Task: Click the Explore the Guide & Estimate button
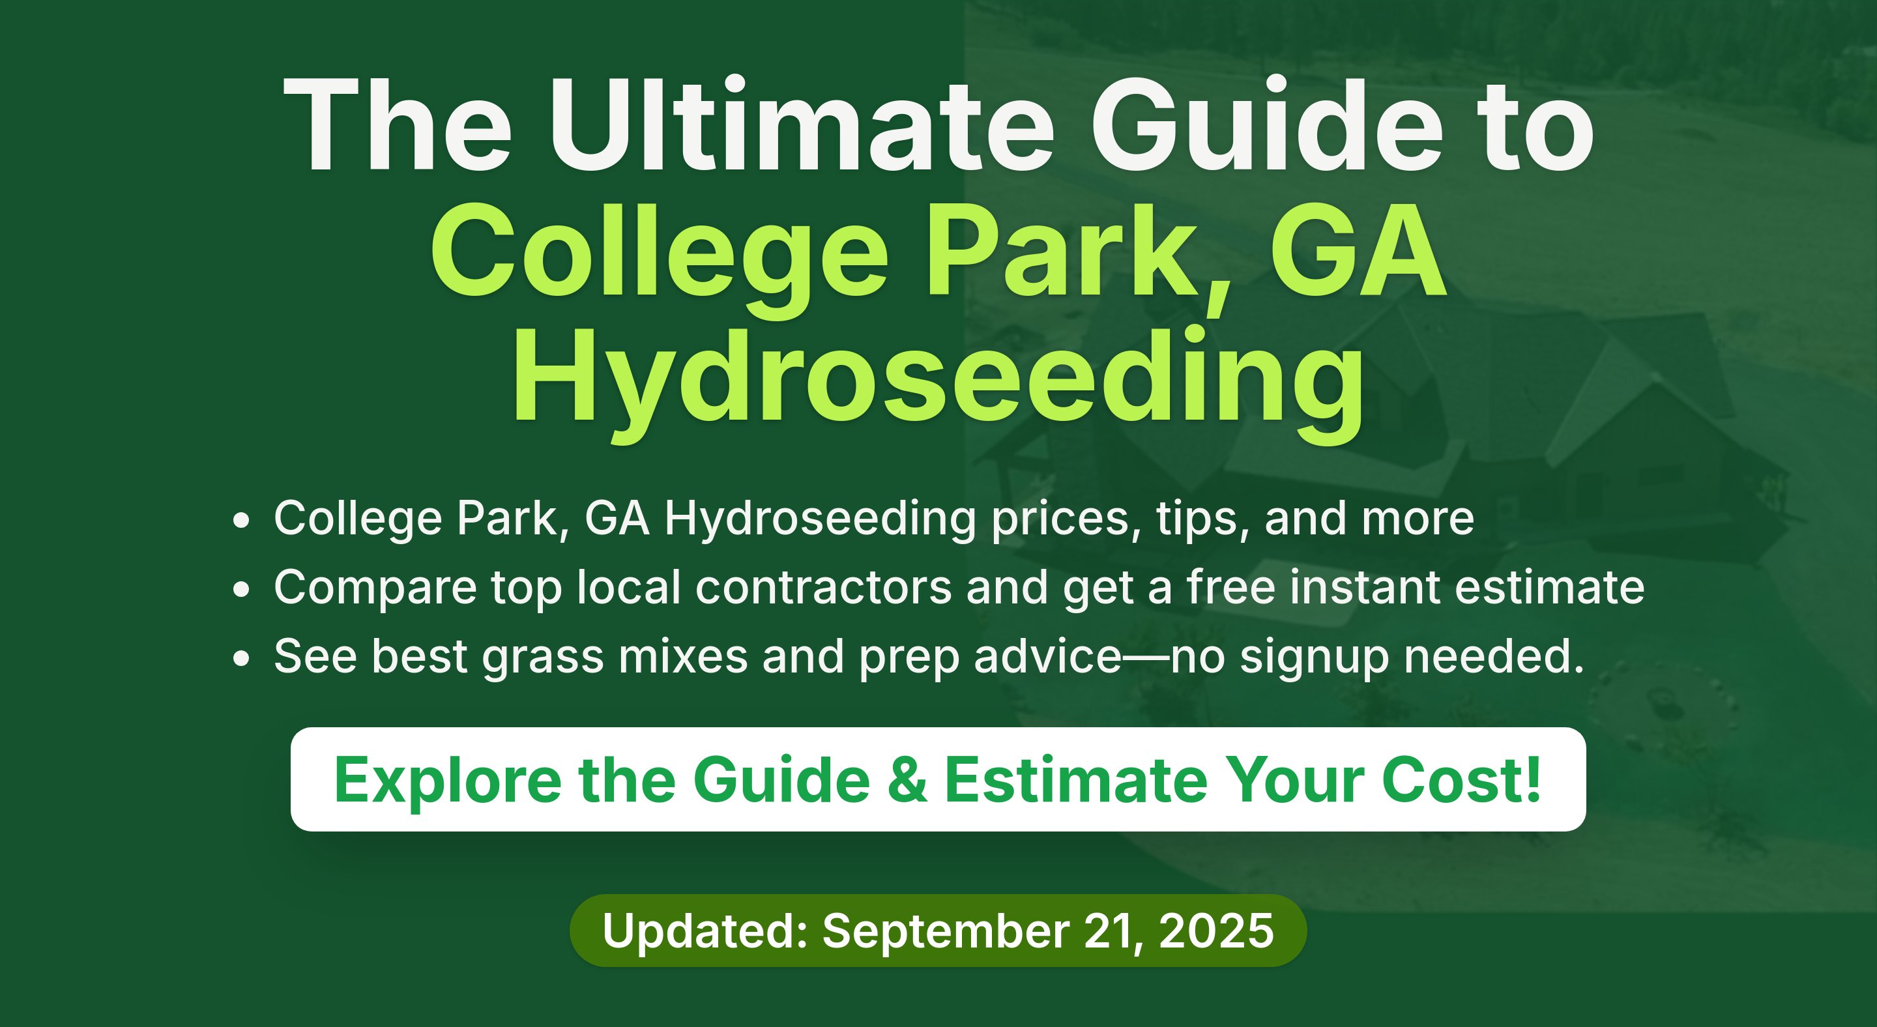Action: (x=938, y=779)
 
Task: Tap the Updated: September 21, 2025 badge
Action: (x=938, y=931)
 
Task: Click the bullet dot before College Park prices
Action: (x=241, y=521)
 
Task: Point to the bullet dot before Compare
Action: (x=241, y=590)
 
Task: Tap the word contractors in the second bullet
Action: (x=823, y=587)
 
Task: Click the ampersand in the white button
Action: (x=908, y=780)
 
